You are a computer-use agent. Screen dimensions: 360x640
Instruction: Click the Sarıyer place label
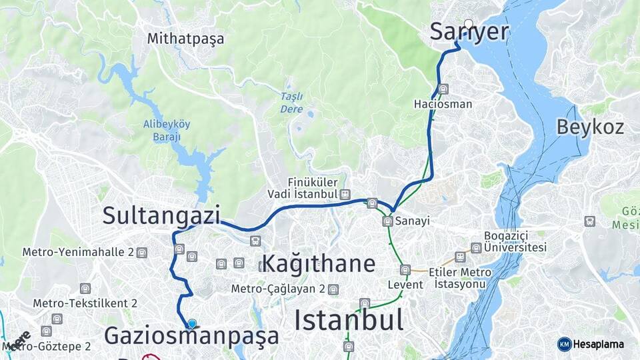point(469,32)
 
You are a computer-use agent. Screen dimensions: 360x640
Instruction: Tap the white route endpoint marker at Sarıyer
point(469,25)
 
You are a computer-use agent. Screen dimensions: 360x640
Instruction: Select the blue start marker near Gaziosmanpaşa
point(192,324)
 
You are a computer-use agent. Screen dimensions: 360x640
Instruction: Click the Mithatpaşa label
point(186,39)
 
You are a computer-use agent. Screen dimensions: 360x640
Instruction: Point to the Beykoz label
point(590,127)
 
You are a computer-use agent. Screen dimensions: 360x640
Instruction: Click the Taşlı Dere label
point(292,103)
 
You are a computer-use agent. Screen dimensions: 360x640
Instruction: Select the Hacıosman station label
point(443,104)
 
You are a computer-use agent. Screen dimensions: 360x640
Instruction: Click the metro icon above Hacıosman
point(443,89)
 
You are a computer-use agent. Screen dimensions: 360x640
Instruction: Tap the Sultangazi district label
point(161,215)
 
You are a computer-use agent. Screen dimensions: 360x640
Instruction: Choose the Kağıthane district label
point(319,263)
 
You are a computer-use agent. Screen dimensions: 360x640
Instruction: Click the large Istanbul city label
point(349,321)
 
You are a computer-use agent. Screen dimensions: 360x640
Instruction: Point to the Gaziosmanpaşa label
point(191,336)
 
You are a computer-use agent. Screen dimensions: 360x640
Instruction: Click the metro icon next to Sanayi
point(387,221)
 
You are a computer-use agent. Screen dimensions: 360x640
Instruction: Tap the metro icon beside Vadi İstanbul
point(345,194)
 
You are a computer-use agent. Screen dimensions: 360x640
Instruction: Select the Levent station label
point(405,285)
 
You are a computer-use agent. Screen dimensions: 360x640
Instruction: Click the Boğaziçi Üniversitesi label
point(515,242)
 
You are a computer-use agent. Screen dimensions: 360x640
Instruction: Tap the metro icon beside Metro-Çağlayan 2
point(333,289)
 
